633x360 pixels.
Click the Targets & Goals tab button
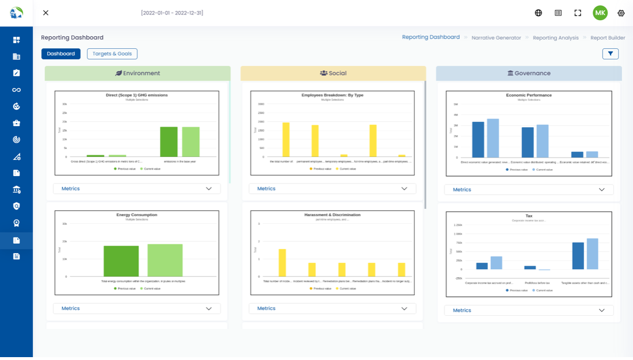pyautogui.click(x=112, y=54)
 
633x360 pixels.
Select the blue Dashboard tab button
pyautogui.click(x=61, y=54)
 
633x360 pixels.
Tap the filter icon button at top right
pyautogui.click(x=610, y=54)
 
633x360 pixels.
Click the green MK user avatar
pyautogui.click(x=600, y=13)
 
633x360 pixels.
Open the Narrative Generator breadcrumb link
pyautogui.click(x=496, y=38)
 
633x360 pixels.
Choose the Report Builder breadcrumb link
pyautogui.click(x=608, y=38)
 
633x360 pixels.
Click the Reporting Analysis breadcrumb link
pyautogui.click(x=555, y=38)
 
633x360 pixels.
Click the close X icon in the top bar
pyautogui.click(x=46, y=13)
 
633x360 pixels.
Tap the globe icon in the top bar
pyautogui.click(x=539, y=13)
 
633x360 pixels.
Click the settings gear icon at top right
pyautogui.click(x=621, y=13)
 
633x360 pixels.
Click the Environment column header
pyautogui.click(x=138, y=74)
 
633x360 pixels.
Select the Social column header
pyautogui.click(x=333, y=74)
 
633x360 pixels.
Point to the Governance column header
pyautogui.click(x=529, y=74)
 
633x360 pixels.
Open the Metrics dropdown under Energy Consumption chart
pyautogui.click(x=137, y=309)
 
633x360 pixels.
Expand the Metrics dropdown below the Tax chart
pyautogui.click(x=528, y=311)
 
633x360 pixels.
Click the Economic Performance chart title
pyautogui.click(x=529, y=95)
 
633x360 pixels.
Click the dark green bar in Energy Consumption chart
pyautogui.click(x=121, y=261)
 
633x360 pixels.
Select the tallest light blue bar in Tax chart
pyautogui.click(x=592, y=254)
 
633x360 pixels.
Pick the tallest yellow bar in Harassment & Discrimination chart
pyautogui.click(x=282, y=263)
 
